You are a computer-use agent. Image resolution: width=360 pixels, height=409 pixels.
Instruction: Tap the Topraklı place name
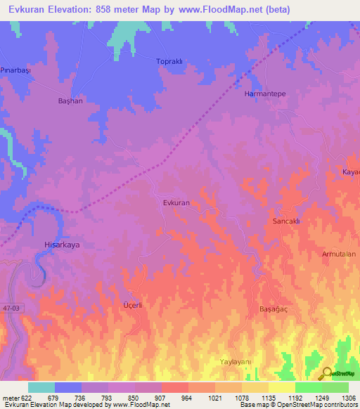click(169, 62)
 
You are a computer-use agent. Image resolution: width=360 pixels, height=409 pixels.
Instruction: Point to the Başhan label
click(70, 101)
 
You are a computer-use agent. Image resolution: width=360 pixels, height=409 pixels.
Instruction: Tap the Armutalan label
click(339, 254)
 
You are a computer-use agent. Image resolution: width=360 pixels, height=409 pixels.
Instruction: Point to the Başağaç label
click(275, 309)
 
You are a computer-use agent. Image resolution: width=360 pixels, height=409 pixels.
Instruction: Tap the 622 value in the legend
click(22, 398)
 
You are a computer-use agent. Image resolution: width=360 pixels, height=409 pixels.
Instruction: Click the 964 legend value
click(187, 398)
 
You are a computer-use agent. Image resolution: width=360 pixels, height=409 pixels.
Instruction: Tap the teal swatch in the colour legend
click(41, 387)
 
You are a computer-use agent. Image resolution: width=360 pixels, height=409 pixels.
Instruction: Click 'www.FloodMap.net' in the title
click(219, 9)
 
